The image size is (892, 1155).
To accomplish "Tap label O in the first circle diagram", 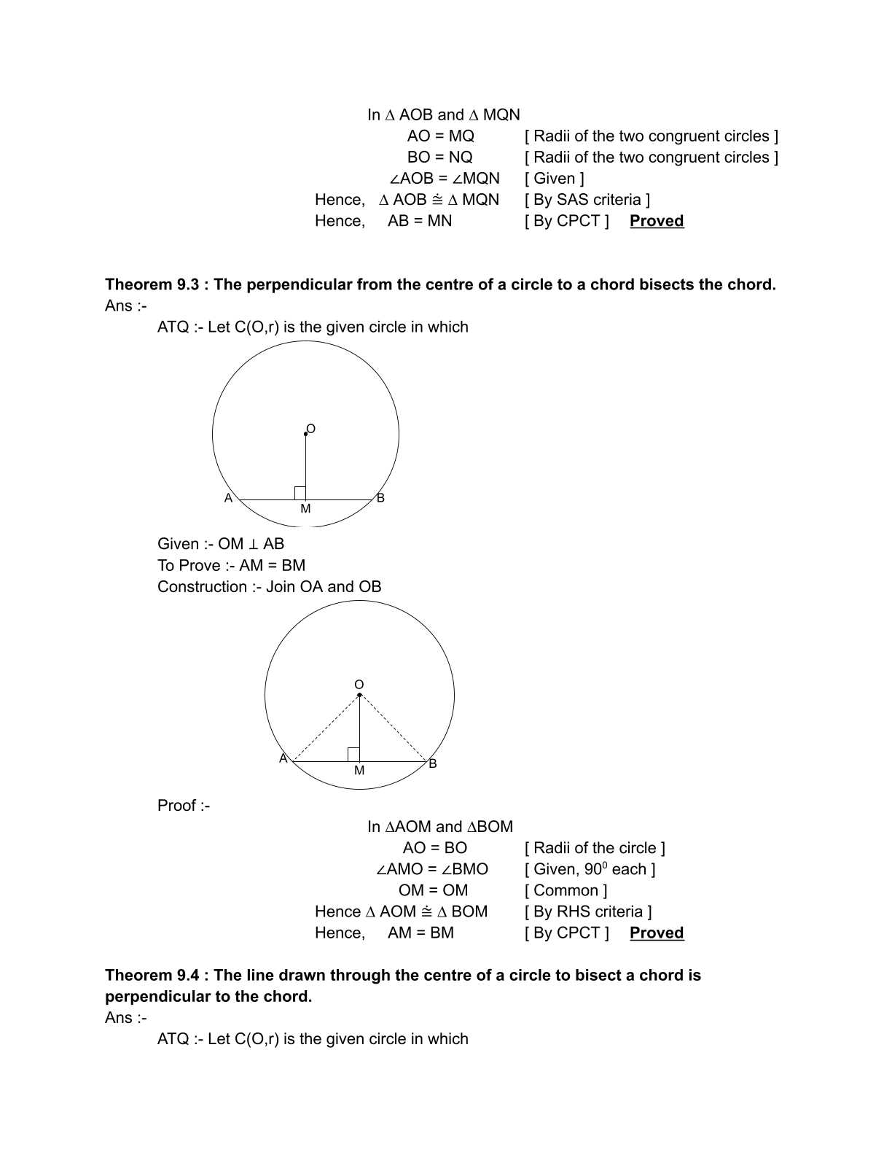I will point(311,429).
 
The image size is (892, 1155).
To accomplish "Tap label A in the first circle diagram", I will point(228,498).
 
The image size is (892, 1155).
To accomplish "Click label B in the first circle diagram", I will point(380,498).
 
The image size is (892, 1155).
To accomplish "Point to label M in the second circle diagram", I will point(359,771).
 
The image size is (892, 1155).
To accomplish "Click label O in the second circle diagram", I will point(359,685).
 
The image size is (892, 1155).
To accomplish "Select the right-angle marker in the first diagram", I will point(300,493).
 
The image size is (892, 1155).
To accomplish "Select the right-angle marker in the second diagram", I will point(353,755).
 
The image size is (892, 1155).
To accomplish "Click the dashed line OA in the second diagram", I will point(326,728).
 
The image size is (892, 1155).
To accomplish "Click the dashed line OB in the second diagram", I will point(394,728).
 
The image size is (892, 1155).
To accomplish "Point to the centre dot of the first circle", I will point(305,434).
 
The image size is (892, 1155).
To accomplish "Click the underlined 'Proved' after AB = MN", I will point(657,221).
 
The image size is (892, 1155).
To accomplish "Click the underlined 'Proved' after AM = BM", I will point(657,933).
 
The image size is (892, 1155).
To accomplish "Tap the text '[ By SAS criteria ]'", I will point(587,200).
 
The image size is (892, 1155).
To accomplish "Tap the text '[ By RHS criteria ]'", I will point(588,911).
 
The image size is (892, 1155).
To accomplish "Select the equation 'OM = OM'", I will point(433,890).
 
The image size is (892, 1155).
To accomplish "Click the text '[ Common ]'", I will point(566,890).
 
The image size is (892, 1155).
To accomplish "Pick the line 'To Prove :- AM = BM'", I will point(231,565).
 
